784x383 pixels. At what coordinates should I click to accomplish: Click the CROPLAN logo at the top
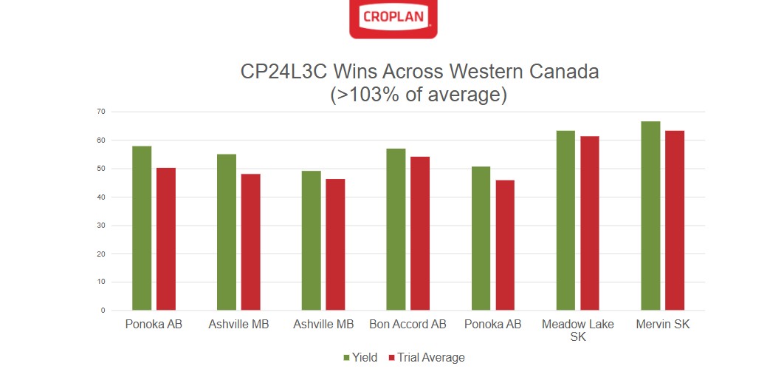(x=393, y=18)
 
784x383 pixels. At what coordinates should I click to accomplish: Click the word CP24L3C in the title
(x=284, y=72)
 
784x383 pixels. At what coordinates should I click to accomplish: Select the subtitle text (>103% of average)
(x=419, y=95)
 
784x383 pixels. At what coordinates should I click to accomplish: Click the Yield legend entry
(x=360, y=358)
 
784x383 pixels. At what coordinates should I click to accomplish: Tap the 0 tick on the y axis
(x=103, y=311)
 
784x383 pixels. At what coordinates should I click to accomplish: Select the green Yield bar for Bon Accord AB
(x=396, y=229)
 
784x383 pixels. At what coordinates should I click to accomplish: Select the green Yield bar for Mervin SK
(x=650, y=216)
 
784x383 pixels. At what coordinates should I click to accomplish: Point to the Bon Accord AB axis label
(x=408, y=325)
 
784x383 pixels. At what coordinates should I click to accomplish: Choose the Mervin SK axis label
(x=662, y=325)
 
